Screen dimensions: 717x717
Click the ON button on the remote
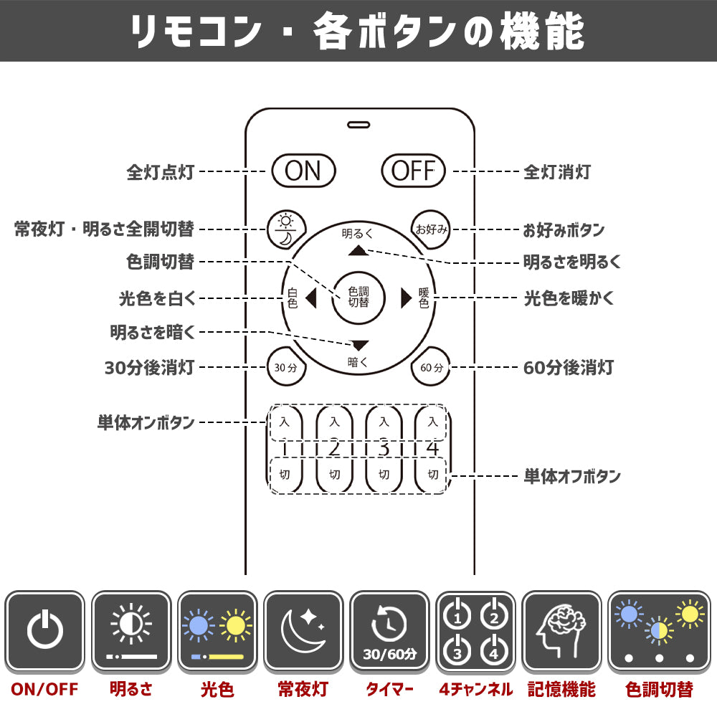pos(303,171)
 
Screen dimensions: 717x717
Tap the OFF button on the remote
pos(414,171)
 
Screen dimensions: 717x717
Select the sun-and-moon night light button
pos(286,229)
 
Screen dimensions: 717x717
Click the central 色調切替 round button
pos(358,298)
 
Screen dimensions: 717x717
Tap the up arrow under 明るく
pos(358,250)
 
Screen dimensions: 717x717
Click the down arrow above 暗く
pos(358,346)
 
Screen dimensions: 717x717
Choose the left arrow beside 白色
pos(311,298)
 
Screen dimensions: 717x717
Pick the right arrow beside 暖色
pos(406,298)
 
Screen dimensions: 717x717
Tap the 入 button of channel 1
pos(285,422)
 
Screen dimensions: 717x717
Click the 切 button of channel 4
pos(432,475)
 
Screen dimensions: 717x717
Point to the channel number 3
pos(384,449)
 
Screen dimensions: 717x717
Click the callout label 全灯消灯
pos(557,172)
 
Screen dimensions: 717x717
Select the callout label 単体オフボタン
pos(572,477)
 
